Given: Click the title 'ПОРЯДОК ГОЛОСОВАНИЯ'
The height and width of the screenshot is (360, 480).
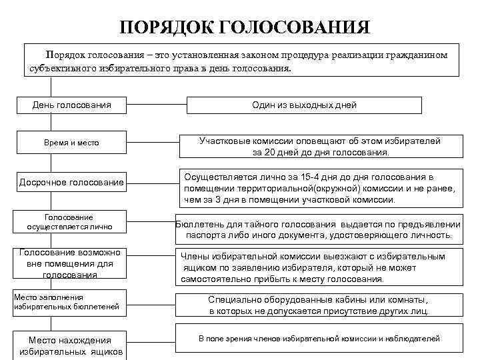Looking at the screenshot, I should click(245, 27).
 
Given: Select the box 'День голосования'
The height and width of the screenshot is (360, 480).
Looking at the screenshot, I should click(72, 105).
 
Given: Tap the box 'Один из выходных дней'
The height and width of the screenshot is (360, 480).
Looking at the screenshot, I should click(304, 105).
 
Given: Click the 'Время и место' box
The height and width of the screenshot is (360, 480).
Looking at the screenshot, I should click(72, 143).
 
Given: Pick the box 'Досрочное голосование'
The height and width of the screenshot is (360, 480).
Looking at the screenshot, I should click(72, 182).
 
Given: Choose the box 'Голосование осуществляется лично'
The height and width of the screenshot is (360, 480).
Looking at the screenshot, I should click(69, 222).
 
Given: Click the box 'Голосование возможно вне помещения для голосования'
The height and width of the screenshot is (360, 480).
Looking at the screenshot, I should click(69, 263).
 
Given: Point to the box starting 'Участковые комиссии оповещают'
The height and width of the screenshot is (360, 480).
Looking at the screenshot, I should click(320, 147).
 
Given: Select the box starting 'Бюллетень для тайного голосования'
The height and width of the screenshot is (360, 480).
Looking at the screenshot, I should click(319, 229).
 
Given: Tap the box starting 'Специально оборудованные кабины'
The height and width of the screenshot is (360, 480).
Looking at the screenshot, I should click(319, 305).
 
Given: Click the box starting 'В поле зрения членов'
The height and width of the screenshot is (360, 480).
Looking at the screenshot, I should click(319, 339).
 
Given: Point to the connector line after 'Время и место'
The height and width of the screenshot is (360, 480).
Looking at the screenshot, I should click(153, 143).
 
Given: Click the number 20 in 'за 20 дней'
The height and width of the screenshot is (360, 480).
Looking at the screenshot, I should click(270, 152).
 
